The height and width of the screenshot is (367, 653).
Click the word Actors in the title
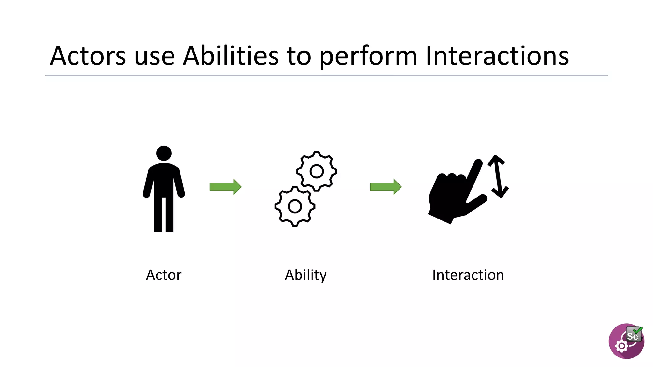88,56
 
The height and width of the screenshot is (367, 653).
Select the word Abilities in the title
231,56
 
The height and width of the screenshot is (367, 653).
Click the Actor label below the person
164,275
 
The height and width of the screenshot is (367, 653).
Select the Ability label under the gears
305,275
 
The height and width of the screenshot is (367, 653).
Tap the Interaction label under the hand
468,275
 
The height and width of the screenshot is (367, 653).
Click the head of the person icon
164,153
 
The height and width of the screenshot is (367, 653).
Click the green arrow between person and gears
225,187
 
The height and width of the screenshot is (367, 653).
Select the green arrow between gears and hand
385,187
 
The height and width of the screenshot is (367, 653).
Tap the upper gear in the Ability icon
317,171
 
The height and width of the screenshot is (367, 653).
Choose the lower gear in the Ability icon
295,206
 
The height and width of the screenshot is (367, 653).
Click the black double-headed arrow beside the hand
498,176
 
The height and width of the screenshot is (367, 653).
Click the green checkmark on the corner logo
638,330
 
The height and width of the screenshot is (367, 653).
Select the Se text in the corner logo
632,336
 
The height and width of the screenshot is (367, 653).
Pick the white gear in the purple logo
621,346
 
